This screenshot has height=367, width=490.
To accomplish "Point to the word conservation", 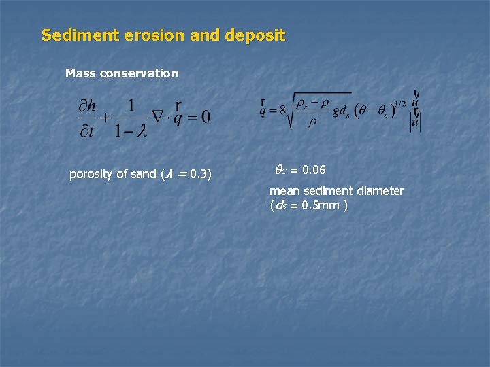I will pos(140,73).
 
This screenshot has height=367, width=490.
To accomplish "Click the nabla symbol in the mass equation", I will pos(160,117).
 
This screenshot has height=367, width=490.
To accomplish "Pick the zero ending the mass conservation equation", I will pos(206,117).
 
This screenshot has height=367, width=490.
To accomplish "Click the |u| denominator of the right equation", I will pos(414,123).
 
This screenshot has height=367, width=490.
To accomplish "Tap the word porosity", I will pos(92,175).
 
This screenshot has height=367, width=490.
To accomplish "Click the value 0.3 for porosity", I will pos(199,175).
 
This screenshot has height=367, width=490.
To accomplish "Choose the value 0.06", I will pos(313,169).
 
